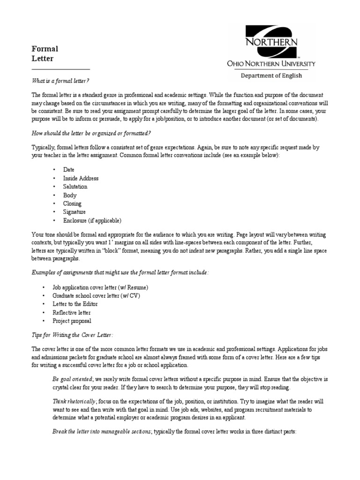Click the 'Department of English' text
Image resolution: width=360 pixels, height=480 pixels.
(271, 75)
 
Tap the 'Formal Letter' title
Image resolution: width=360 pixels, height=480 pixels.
(45, 53)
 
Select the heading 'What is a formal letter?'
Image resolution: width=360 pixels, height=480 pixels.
(60, 81)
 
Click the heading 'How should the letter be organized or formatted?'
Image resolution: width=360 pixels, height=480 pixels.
(91, 133)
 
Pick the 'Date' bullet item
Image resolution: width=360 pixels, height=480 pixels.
(69, 170)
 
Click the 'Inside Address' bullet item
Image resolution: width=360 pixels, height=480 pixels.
(81, 178)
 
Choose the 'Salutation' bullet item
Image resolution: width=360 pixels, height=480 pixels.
(75, 187)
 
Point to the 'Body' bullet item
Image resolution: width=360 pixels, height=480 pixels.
(70, 195)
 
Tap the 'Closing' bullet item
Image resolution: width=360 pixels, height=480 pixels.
(72, 203)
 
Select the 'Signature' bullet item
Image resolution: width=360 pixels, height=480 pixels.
(75, 212)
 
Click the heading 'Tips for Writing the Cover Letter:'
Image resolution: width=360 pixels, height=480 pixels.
(72, 335)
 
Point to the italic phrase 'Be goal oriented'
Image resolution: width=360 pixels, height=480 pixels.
(73, 379)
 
